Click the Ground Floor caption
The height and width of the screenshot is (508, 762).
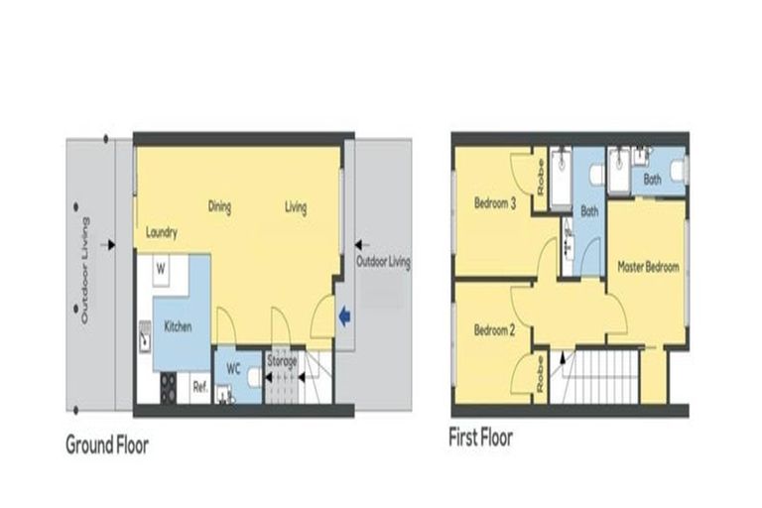(x=107, y=444)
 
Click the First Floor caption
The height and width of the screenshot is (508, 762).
(x=481, y=438)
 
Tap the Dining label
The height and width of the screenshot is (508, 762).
(x=219, y=207)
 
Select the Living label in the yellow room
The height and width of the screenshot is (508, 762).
(x=296, y=207)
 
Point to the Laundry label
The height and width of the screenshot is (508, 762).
(x=161, y=234)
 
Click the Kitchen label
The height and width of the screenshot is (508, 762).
(x=178, y=325)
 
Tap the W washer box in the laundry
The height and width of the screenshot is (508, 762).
(x=160, y=267)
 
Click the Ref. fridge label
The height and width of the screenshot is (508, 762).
(x=198, y=387)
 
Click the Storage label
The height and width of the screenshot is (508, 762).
(x=282, y=361)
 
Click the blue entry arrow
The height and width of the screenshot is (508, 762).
(x=344, y=317)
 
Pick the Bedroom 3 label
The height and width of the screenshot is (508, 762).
(x=494, y=204)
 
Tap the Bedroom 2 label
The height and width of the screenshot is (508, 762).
(x=493, y=330)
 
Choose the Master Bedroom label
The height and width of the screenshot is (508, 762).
(x=648, y=267)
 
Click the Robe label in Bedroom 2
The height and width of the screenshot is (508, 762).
(x=541, y=376)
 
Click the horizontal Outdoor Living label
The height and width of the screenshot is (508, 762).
(x=382, y=263)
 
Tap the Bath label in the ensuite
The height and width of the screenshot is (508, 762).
(x=652, y=180)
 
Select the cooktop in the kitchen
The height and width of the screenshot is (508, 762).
(x=167, y=387)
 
